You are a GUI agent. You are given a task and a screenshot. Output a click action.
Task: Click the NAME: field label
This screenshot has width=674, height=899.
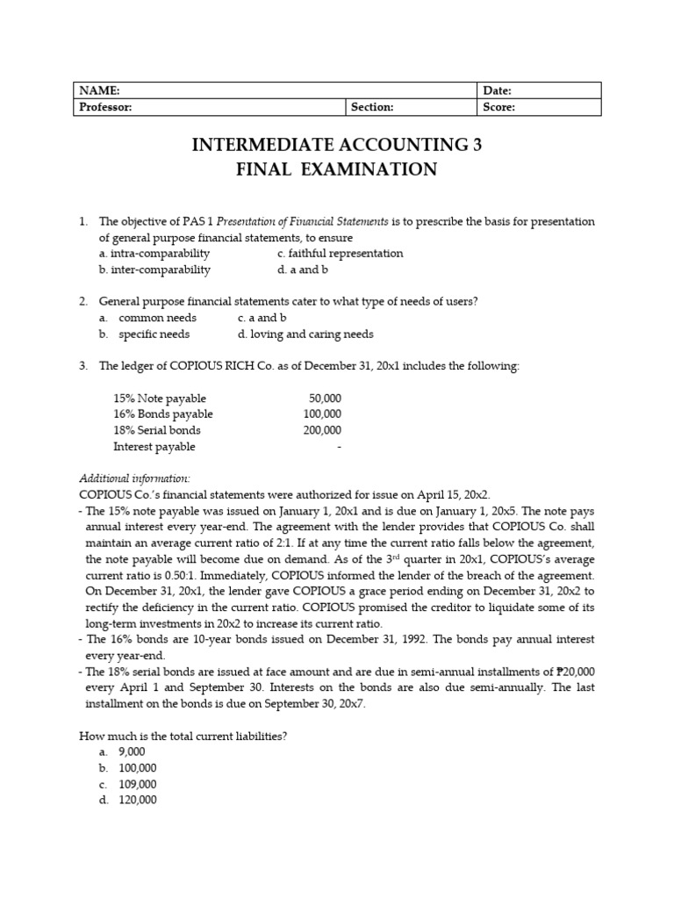click(x=99, y=90)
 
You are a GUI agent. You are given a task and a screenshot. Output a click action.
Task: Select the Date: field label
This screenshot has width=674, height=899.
click(x=498, y=90)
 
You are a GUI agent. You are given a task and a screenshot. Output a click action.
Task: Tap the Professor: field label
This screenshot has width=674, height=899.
click(x=106, y=107)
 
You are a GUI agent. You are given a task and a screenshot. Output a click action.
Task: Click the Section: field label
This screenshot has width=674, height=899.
click(x=372, y=107)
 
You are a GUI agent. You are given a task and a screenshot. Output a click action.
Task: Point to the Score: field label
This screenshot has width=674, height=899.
click(x=498, y=107)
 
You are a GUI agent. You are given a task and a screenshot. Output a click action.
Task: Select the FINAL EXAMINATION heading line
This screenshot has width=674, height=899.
click(x=337, y=170)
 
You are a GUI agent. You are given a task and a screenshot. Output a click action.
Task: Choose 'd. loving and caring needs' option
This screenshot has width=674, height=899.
click(x=305, y=334)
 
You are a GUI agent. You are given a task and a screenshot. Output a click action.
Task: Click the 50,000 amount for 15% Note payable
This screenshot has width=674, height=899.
click(x=325, y=399)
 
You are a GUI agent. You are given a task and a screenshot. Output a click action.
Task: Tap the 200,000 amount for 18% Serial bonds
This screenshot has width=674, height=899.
click(x=321, y=430)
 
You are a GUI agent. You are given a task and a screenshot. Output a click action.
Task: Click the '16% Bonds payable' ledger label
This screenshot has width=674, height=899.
click(x=163, y=414)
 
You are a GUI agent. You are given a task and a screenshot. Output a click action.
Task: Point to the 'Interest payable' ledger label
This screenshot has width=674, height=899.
click(x=154, y=446)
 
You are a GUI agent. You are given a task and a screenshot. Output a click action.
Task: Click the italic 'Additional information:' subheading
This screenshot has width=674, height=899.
click(x=134, y=478)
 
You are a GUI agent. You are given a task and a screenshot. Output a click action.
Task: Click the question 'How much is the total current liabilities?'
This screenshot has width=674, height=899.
click(x=183, y=736)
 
